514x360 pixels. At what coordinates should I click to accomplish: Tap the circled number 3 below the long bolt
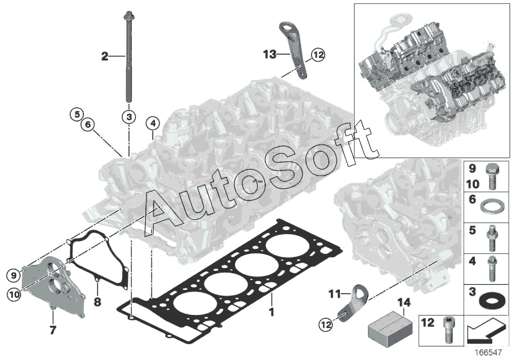click(128, 116)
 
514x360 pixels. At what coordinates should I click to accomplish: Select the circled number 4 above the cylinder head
click(152, 123)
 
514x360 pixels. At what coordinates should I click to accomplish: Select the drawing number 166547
click(491, 352)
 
